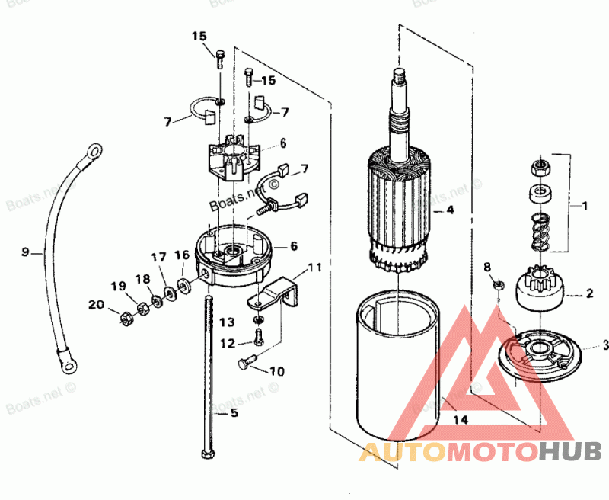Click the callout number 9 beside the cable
coord(25,251)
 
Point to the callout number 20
coord(95,305)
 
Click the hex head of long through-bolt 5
coord(208,454)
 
